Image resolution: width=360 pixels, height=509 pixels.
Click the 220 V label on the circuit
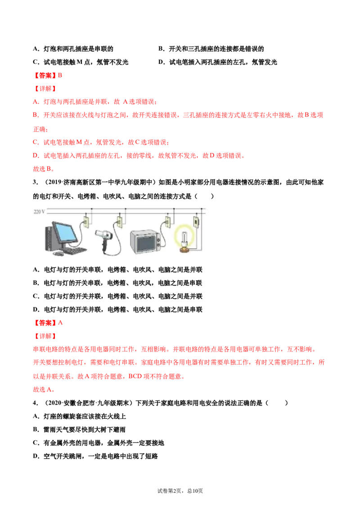click(x=39, y=212)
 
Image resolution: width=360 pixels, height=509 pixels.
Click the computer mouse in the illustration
click(x=58, y=253)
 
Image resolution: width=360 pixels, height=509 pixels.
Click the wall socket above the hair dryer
click(x=119, y=222)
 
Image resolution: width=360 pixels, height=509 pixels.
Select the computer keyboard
click(x=75, y=251)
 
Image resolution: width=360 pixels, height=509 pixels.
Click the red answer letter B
click(x=60, y=75)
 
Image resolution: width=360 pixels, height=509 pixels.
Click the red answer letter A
click(x=60, y=323)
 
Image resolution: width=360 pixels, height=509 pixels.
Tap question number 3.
click(x=36, y=182)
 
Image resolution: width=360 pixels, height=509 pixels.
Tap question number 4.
click(x=36, y=403)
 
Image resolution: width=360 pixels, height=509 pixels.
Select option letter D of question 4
click(x=36, y=456)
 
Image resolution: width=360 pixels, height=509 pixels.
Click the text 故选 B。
click(x=44, y=169)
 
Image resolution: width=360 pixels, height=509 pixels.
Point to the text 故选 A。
click(x=44, y=389)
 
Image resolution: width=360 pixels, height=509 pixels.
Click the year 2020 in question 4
click(x=54, y=403)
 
